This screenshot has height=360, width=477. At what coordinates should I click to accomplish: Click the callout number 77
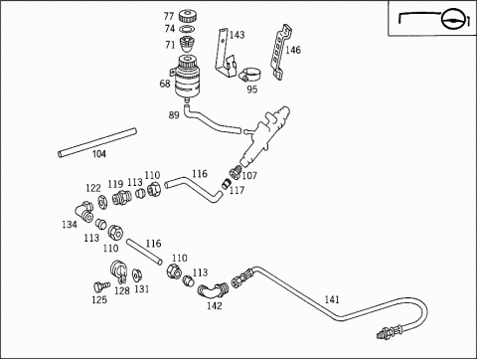[169, 16]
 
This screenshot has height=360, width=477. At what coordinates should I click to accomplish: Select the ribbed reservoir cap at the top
[187, 16]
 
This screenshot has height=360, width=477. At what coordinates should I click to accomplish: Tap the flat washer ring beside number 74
[187, 29]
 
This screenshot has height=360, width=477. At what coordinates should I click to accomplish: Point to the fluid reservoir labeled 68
[185, 78]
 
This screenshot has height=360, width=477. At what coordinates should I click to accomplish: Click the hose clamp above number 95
[248, 75]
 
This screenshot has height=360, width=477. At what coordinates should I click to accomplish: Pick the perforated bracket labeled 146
[281, 52]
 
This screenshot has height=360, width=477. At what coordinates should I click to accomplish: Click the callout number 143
[237, 35]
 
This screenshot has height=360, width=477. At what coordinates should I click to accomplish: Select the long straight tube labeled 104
[97, 142]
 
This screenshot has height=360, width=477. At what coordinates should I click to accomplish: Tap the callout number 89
[174, 115]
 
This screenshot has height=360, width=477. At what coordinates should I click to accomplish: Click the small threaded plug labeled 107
[235, 173]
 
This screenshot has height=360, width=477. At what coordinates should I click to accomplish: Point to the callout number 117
[237, 190]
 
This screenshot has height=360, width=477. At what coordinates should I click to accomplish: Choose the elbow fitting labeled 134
[84, 212]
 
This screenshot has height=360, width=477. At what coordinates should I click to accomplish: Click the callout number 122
[93, 188]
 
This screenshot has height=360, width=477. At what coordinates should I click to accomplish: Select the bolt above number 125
[101, 286]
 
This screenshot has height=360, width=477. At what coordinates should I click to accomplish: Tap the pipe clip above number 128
[118, 270]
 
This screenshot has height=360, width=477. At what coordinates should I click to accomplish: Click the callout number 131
[142, 289]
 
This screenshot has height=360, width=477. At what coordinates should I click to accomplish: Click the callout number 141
[332, 299]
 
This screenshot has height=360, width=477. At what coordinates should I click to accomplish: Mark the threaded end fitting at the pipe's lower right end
[391, 332]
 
